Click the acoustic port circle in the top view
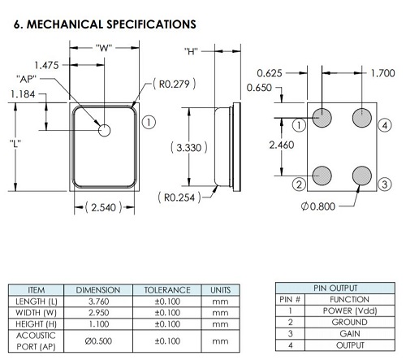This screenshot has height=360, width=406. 105,130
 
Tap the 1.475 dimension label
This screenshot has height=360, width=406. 46,65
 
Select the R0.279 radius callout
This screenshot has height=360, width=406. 175,84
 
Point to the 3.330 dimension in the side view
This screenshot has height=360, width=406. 189,148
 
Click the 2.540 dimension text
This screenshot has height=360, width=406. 104,207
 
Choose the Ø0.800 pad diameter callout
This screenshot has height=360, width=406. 318,206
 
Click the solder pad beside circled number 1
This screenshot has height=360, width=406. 322,118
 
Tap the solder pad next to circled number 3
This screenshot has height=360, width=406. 362,176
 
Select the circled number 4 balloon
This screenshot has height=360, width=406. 385,125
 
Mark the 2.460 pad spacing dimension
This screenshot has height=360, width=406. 282,145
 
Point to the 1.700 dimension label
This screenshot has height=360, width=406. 382,73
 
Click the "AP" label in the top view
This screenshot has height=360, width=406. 26,79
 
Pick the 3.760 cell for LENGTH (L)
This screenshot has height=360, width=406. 98,301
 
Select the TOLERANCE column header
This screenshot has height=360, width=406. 167,290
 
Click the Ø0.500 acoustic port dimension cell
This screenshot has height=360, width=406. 98,340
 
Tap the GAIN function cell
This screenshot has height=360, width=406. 350,334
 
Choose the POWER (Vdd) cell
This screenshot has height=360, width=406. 350,310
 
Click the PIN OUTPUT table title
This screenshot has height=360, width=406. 335,288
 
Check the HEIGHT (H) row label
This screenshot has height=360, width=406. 37,324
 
